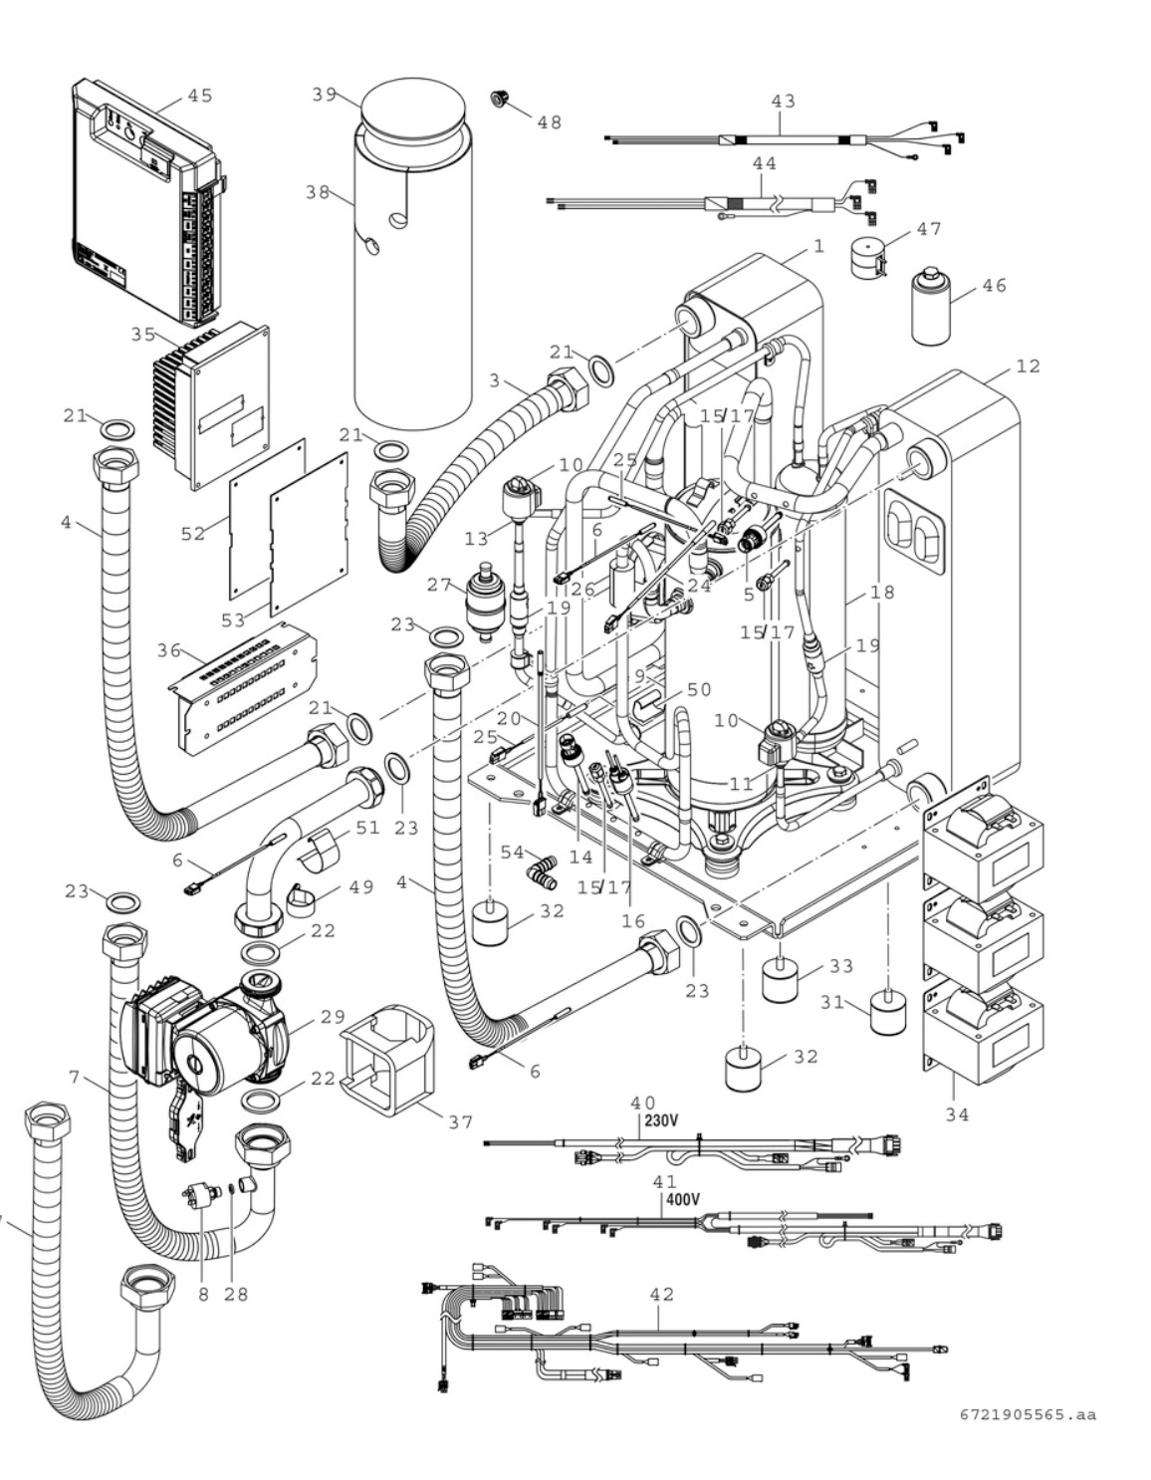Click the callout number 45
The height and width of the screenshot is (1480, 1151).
point(199,96)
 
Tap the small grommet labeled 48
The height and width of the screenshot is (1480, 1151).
point(500,99)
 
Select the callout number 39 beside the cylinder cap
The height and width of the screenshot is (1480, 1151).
point(325,94)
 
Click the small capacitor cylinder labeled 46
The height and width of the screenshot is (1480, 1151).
point(931,307)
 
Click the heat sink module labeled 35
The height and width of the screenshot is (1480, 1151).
point(211,406)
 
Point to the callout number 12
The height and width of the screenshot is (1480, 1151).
point(1029,367)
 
